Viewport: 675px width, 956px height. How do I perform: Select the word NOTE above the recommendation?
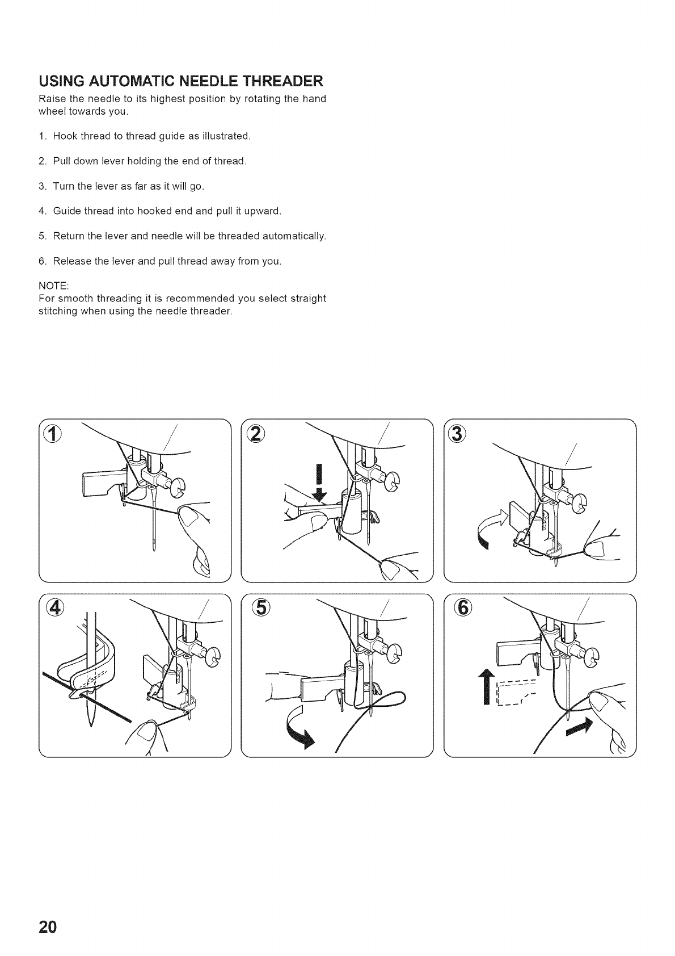point(53,286)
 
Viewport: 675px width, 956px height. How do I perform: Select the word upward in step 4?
point(265,211)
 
